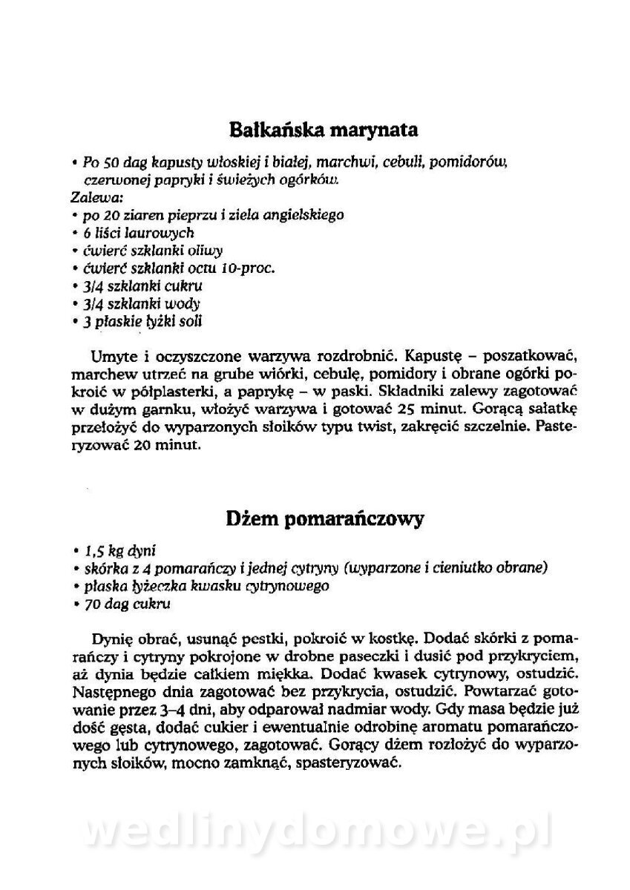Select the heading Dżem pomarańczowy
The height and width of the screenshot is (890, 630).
[324, 518]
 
